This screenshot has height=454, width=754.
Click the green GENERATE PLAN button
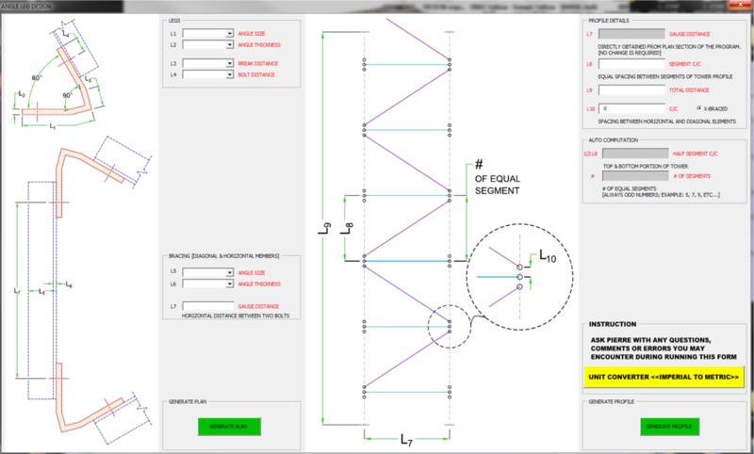tap(228, 427)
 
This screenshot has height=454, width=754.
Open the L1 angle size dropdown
tap(208, 34)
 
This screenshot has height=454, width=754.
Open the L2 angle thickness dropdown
tap(208, 44)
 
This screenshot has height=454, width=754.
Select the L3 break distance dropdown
tap(208, 63)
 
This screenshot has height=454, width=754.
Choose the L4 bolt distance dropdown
tap(208, 73)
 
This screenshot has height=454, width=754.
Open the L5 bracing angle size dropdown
tap(208, 272)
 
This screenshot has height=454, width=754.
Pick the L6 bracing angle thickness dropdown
tap(208, 283)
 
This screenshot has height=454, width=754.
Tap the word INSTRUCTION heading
tap(613, 322)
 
